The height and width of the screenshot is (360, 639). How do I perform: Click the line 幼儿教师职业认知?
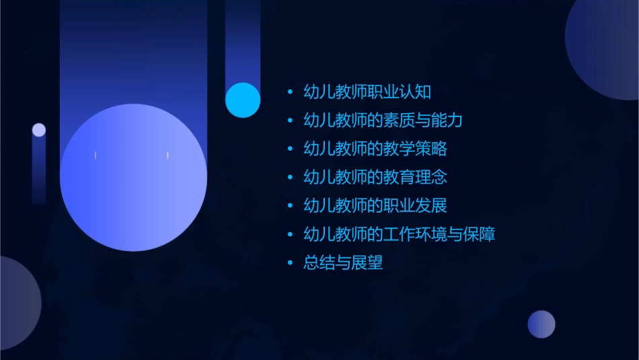(x=367, y=92)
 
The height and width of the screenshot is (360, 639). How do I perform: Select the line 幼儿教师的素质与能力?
(x=383, y=120)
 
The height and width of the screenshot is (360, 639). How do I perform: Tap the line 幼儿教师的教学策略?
(x=375, y=149)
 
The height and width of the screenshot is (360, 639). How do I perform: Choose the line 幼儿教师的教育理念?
(x=375, y=178)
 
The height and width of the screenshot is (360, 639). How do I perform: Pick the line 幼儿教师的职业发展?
(x=375, y=206)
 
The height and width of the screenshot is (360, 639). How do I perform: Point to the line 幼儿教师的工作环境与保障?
(x=400, y=234)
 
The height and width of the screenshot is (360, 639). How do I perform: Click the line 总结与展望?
(x=343, y=262)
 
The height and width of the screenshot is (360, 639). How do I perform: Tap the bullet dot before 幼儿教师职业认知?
(x=290, y=92)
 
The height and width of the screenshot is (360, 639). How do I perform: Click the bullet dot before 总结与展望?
(x=290, y=262)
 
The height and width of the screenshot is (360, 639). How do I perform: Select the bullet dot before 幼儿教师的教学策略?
(x=290, y=149)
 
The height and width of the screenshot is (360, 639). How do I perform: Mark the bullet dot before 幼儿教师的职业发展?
(x=290, y=206)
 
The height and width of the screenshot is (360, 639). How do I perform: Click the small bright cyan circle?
(x=243, y=100)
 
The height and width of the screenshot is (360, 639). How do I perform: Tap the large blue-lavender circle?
(x=133, y=178)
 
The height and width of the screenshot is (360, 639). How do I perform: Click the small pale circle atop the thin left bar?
(x=39, y=130)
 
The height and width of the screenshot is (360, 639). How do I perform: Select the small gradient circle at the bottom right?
(x=541, y=324)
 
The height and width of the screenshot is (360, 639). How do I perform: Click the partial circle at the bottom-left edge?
(x=17, y=303)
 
